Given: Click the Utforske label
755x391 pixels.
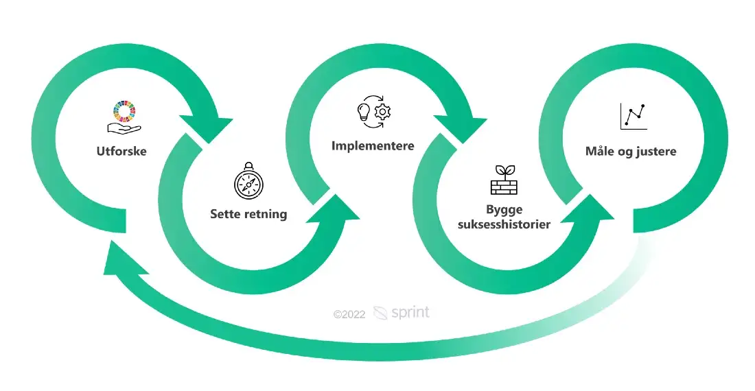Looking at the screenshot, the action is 121,151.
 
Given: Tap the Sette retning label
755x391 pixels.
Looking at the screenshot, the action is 248,214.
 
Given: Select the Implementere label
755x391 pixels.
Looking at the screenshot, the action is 373,145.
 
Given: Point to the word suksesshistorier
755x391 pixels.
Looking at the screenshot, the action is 504,224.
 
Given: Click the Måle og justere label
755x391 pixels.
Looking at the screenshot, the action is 631,152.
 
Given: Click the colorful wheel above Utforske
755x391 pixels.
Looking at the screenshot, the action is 124,112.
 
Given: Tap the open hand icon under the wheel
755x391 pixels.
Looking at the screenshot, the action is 124,128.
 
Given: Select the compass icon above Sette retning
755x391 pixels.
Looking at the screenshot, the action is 248,181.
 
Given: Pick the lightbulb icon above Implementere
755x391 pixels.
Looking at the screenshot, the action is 364,112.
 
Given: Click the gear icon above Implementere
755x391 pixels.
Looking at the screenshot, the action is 383,112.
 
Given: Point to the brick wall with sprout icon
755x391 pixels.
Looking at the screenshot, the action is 504,180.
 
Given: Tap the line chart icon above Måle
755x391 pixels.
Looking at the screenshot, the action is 634,117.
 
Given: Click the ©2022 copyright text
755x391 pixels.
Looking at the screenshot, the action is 349,315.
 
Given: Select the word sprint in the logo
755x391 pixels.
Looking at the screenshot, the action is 410,313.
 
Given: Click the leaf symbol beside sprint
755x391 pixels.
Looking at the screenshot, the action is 380,313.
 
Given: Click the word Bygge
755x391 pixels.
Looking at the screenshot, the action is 504,210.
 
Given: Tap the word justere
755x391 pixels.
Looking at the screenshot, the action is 657,152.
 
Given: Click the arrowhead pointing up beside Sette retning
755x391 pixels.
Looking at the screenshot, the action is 335,209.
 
